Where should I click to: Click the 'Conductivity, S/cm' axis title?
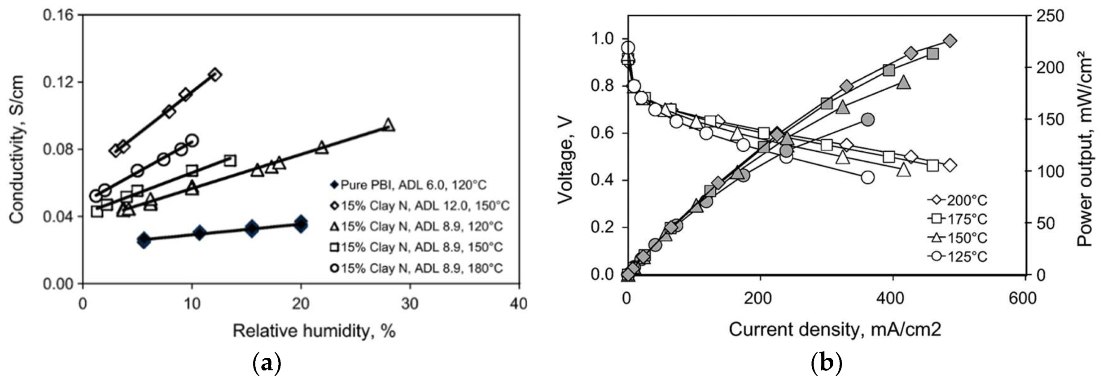(17, 150)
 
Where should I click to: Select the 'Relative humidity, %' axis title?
(314, 331)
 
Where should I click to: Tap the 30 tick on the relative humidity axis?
(409, 304)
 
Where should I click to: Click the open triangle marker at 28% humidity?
(388, 126)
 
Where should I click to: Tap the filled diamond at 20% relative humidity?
(301, 223)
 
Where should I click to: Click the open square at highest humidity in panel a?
(230, 160)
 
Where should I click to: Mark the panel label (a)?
(267, 363)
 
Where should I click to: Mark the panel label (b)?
(826, 363)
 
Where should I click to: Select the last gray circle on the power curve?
(868, 119)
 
